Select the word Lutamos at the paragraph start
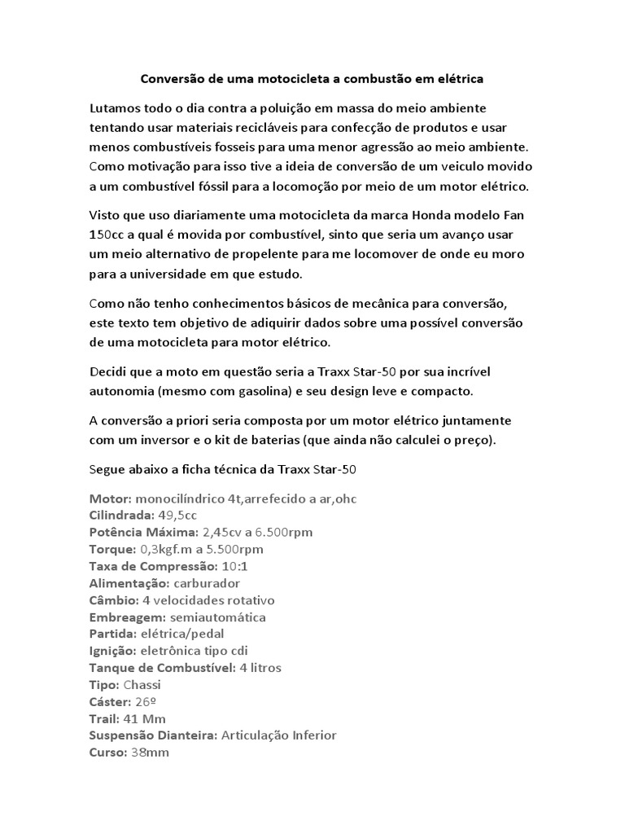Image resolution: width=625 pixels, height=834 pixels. point(116,108)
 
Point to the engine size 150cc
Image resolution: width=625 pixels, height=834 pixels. point(107,235)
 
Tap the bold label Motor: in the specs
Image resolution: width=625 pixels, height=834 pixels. point(110,498)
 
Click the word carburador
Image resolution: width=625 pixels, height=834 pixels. point(199,583)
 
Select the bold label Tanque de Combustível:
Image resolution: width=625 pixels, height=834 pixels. point(161,668)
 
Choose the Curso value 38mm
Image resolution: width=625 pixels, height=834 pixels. point(151,753)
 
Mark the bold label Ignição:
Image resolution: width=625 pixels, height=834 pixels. point(112,651)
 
